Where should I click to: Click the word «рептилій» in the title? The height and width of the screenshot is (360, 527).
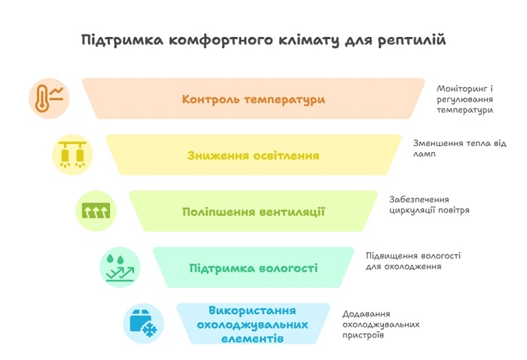(412, 41)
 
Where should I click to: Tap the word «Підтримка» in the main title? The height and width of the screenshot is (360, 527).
(122, 41)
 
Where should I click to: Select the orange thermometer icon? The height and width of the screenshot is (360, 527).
(49, 98)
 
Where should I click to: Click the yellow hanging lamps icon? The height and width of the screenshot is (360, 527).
(72, 154)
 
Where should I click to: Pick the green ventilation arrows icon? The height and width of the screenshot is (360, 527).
(96, 211)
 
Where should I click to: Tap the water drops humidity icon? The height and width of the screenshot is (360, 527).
(120, 267)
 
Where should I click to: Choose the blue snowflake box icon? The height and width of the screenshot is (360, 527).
(144, 323)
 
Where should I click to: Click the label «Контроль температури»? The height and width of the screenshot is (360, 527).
(254, 99)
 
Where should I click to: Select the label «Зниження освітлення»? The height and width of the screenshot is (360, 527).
(253, 156)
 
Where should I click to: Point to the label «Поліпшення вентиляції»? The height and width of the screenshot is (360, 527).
(254, 212)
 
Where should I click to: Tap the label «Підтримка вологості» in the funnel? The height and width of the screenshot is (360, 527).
(254, 268)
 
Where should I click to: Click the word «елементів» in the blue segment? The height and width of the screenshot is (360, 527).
(252, 338)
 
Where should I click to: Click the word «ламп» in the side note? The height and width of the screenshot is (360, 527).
(424, 154)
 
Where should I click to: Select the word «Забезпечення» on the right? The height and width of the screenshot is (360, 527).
(419, 200)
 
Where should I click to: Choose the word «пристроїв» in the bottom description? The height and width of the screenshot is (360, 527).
(363, 335)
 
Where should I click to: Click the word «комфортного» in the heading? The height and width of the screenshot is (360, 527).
(221, 41)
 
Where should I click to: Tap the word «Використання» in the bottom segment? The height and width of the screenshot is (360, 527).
(252, 310)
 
